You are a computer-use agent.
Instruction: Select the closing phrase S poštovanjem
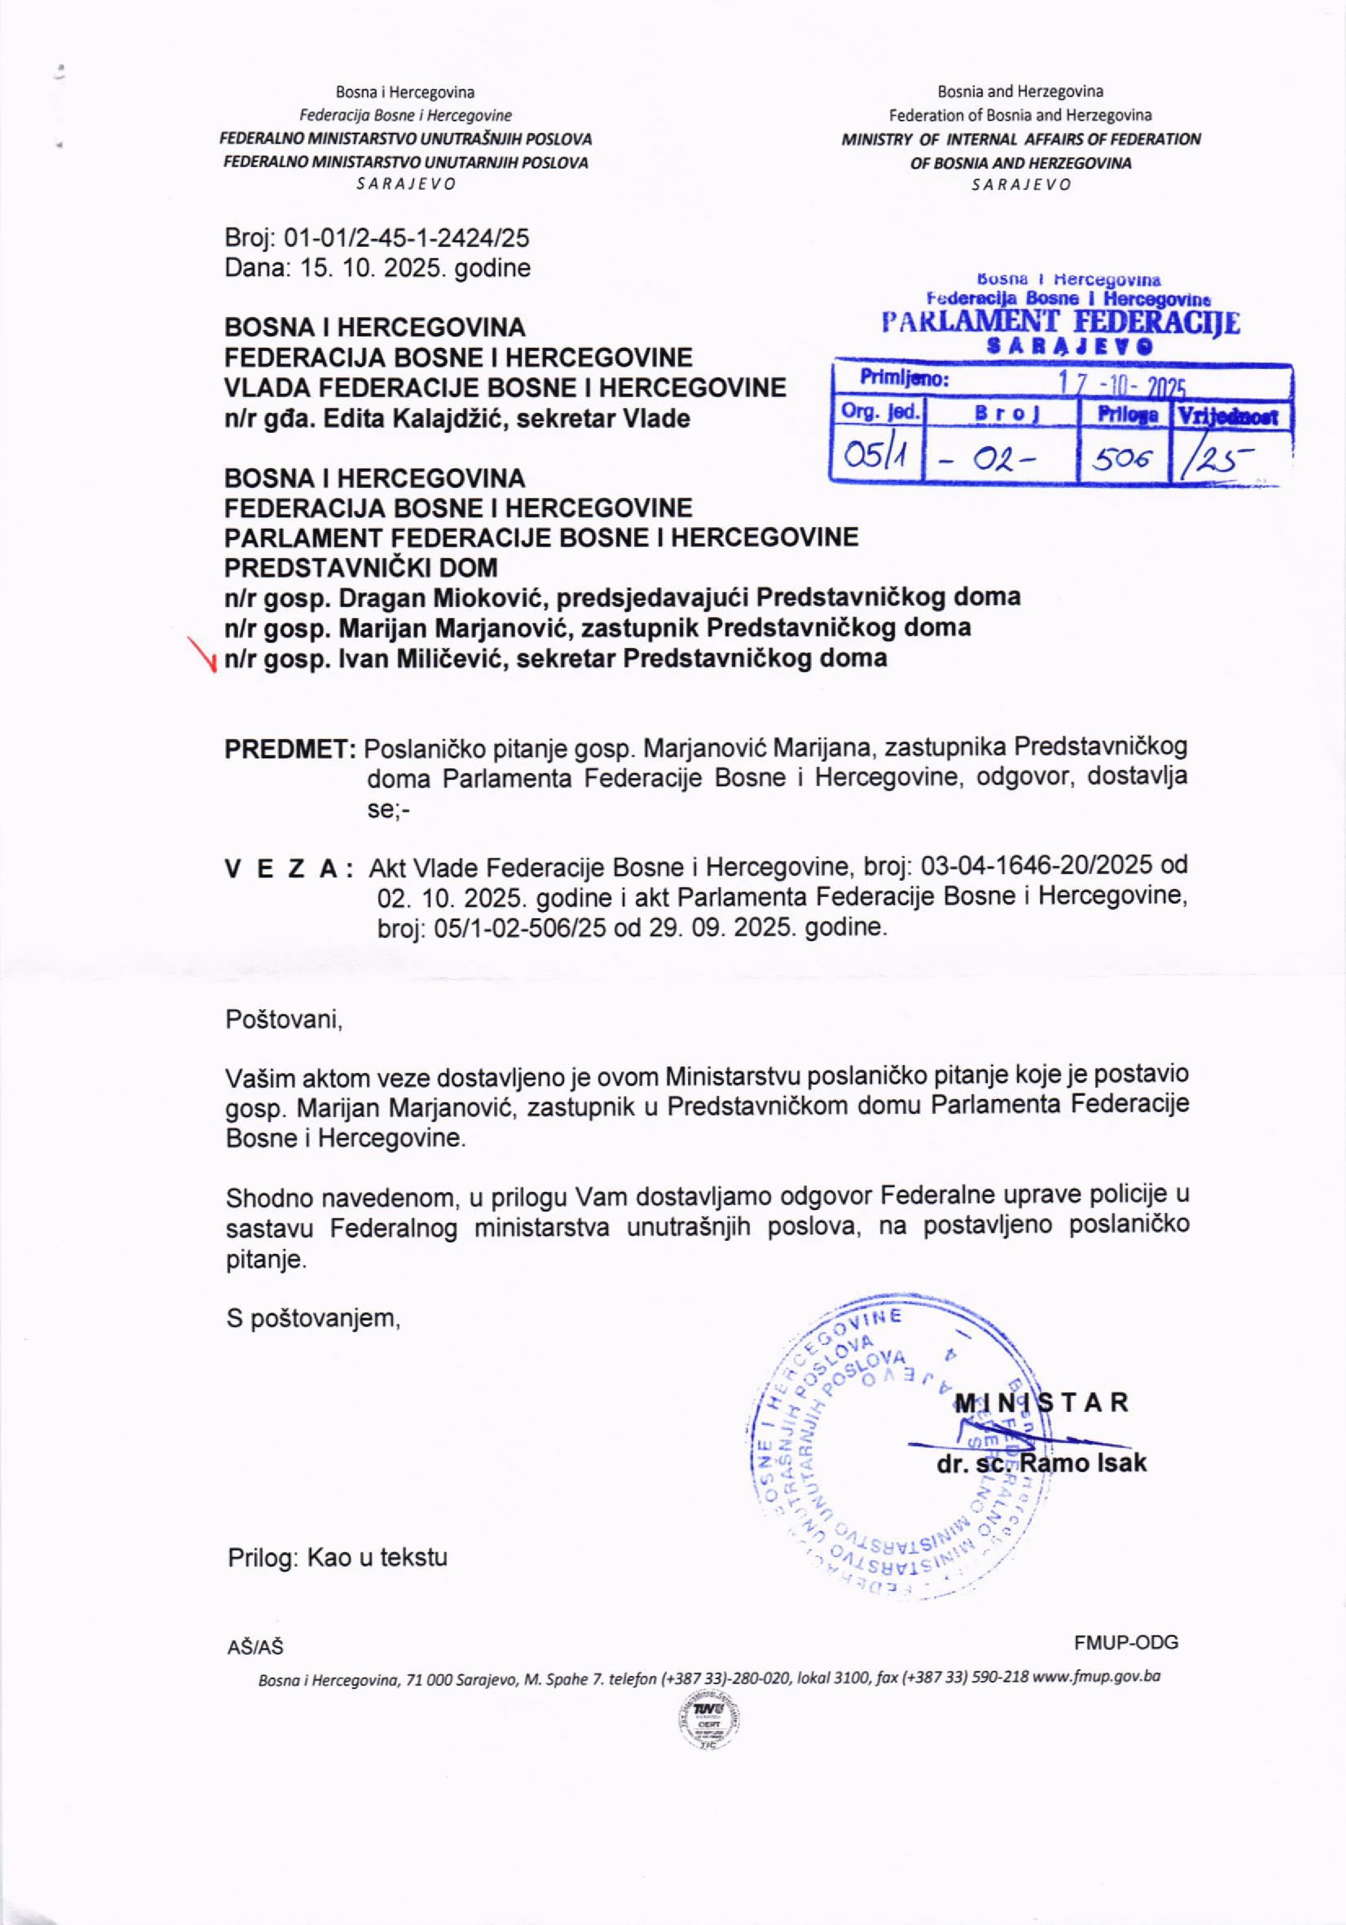pos(313,1319)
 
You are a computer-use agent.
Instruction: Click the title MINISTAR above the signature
pos(1042,1402)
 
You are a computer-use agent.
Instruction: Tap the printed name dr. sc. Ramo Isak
pos(1042,1464)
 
